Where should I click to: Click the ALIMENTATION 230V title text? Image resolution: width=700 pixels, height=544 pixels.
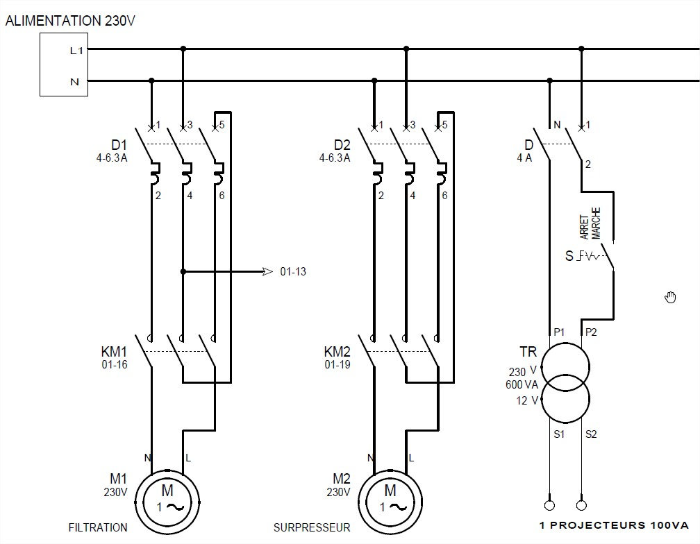[70, 21]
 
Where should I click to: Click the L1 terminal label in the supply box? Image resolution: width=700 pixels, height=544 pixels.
[76, 50]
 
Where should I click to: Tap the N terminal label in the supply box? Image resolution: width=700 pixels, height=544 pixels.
[74, 82]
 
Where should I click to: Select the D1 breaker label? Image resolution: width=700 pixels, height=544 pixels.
[119, 146]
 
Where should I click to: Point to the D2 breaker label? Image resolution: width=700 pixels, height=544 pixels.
[342, 146]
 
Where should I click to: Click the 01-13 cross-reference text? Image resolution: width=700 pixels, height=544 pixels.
[293, 272]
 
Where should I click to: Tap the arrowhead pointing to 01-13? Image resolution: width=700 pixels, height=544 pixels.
[267, 271]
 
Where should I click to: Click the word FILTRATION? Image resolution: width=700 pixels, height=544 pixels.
[98, 527]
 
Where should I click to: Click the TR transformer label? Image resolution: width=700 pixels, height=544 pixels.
[528, 352]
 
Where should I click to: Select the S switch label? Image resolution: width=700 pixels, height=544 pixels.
[569, 257]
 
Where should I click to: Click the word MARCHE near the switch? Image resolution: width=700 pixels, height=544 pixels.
[596, 223]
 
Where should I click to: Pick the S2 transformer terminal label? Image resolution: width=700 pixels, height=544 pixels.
[591, 435]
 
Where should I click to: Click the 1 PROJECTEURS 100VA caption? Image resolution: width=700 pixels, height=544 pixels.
[614, 525]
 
